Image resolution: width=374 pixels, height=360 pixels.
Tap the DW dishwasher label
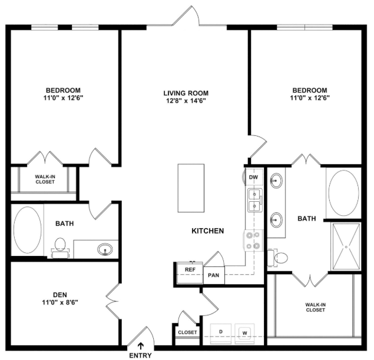tap(253, 177)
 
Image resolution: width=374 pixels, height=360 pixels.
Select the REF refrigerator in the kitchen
tap(190, 272)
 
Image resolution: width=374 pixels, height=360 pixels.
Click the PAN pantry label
tap(213, 275)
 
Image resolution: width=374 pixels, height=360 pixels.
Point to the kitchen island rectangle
tap(191, 188)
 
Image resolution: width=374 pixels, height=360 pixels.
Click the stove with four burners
tap(253, 240)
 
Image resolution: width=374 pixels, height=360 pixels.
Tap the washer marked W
tap(244, 334)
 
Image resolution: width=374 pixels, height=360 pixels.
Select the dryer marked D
tap(221, 334)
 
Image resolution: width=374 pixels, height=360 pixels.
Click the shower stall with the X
tap(346, 247)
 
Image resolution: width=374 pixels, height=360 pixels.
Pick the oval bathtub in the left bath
tap(28, 230)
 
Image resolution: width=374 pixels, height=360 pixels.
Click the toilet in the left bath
tap(60, 248)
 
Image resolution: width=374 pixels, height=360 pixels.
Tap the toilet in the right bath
tap(277, 258)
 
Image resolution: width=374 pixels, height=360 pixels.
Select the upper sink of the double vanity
tap(276, 181)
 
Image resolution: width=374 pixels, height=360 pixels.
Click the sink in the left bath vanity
tap(105, 249)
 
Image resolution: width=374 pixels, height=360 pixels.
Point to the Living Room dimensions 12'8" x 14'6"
tap(186, 101)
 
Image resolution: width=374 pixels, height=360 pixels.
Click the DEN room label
tap(60, 295)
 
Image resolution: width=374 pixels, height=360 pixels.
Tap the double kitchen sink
tap(254, 200)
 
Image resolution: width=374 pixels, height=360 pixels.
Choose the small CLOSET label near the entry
tap(187, 332)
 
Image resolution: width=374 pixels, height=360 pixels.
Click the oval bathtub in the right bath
tap(343, 193)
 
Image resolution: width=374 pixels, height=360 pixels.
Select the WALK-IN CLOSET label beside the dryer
tap(315, 307)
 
